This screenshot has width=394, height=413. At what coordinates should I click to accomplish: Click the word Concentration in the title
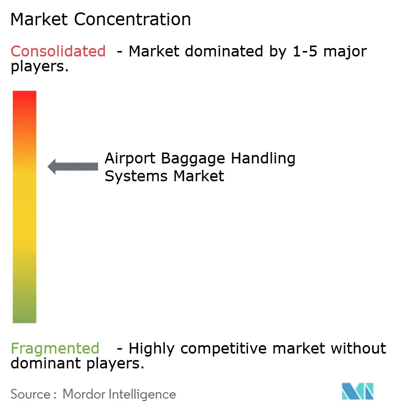coord(133,19)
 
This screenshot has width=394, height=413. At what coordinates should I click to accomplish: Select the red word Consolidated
coord(58,51)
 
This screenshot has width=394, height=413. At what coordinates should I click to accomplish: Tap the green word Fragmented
coord(55,349)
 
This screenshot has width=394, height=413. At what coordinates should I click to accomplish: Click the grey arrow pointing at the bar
coord(73,166)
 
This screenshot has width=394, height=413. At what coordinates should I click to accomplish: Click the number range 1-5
coord(302,51)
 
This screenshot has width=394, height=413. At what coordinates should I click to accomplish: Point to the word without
coord(358,349)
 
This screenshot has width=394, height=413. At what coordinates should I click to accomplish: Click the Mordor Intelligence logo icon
coord(358,391)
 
